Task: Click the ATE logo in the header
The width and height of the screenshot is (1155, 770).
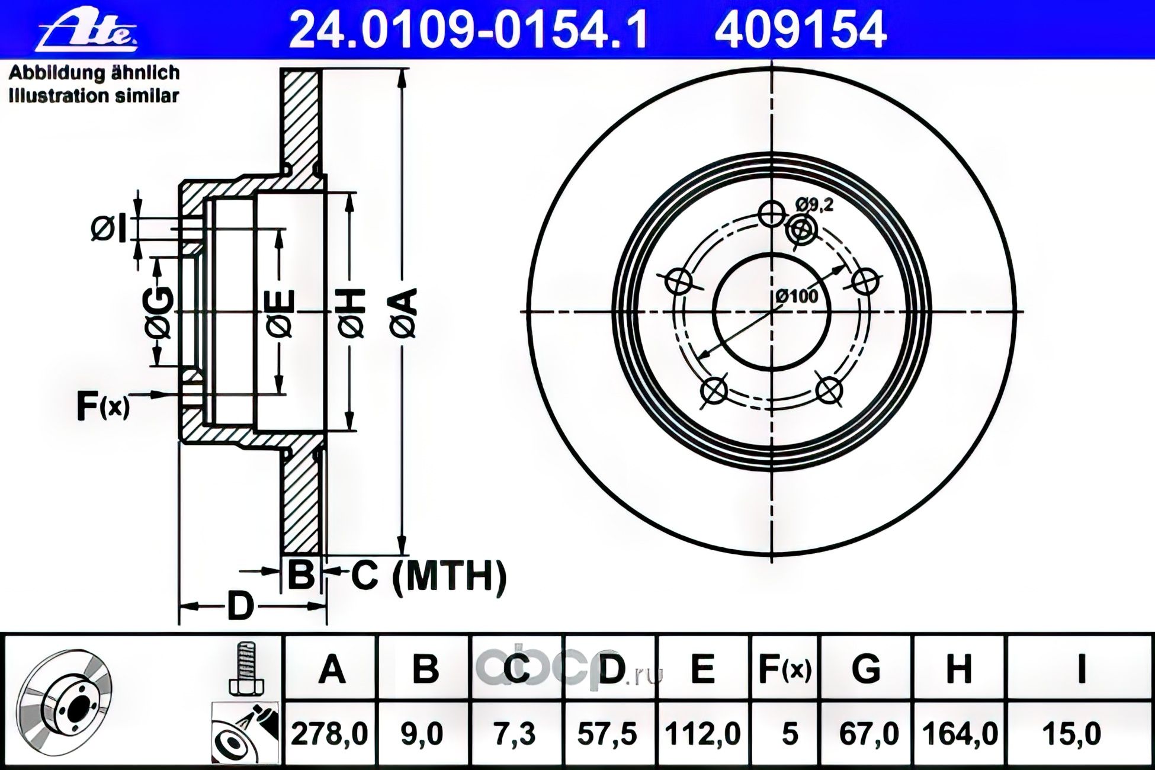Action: coord(88,29)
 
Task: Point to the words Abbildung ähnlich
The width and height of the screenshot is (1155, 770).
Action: coord(94,72)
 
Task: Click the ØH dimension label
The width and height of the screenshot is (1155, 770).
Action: coord(353,313)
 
